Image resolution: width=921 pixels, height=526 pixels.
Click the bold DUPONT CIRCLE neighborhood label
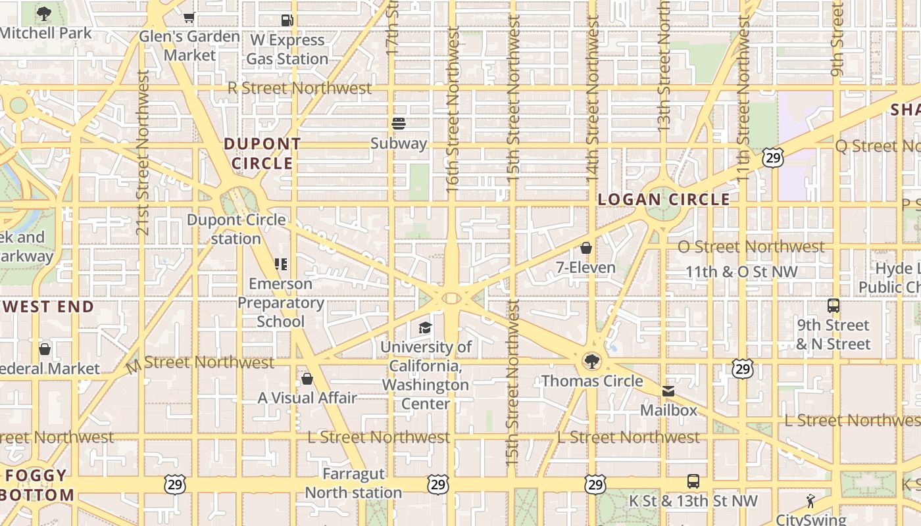click(x=262, y=153)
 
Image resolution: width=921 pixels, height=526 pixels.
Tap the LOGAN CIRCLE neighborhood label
click(x=664, y=199)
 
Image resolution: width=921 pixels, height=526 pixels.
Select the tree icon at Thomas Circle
click(x=592, y=361)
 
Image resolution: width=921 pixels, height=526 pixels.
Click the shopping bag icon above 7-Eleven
click(x=586, y=248)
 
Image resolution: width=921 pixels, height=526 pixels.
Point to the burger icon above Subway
click(x=398, y=124)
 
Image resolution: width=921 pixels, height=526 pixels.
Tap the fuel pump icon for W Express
click(x=287, y=20)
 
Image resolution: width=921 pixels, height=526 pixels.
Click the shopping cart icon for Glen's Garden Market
click(x=189, y=18)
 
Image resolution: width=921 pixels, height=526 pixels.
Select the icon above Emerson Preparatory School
click(x=281, y=264)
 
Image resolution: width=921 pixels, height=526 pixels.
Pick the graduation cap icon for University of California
click(x=426, y=327)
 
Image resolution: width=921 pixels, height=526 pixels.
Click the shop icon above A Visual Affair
click(x=307, y=379)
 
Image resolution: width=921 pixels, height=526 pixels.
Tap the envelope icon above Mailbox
click(x=668, y=391)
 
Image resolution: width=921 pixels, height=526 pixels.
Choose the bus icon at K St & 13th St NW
click(x=693, y=481)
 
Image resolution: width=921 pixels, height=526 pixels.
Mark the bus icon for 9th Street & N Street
click(x=834, y=306)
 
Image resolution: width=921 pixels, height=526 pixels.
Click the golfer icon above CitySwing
click(x=810, y=501)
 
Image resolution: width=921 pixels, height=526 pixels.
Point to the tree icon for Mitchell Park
click(x=44, y=13)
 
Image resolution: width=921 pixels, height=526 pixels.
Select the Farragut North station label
click(x=353, y=483)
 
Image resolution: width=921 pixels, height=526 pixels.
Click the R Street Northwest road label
click(x=299, y=88)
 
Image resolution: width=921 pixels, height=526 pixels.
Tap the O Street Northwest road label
click(x=751, y=247)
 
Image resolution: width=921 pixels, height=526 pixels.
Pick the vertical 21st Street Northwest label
click(x=143, y=153)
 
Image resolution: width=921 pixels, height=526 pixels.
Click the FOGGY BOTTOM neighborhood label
click(x=38, y=485)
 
